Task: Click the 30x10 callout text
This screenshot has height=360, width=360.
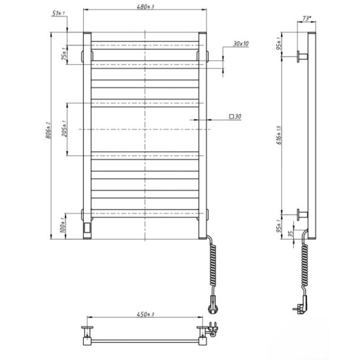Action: click(240, 44)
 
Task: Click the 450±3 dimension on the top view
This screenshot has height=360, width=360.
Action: click(145, 316)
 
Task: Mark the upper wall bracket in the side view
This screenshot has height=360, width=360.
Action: click(302, 58)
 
